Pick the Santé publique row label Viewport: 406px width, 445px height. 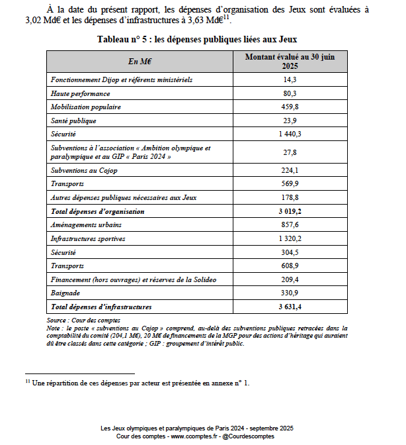(x=74, y=121)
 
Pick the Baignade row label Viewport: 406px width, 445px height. (x=66, y=293)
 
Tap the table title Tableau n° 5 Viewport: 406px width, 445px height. (x=202, y=40)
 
